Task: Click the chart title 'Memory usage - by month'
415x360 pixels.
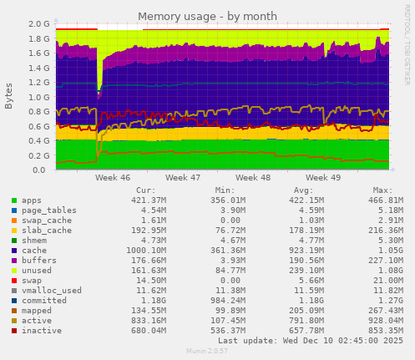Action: (x=206, y=16)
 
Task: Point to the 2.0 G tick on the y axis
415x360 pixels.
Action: (x=39, y=24)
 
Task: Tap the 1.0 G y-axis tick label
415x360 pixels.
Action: (x=39, y=97)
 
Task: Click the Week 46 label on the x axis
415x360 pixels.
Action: (x=113, y=178)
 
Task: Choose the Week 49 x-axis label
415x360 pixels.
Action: (x=324, y=178)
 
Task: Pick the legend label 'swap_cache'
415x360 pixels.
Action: (x=46, y=220)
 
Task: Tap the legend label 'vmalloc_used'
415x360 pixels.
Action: (x=51, y=290)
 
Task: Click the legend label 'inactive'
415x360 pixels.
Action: (x=41, y=329)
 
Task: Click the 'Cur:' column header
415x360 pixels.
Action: (x=145, y=190)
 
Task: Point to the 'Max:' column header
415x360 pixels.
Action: (x=382, y=190)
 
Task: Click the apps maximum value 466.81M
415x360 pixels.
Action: (x=381, y=201)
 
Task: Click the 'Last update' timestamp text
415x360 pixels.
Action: (x=310, y=341)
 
